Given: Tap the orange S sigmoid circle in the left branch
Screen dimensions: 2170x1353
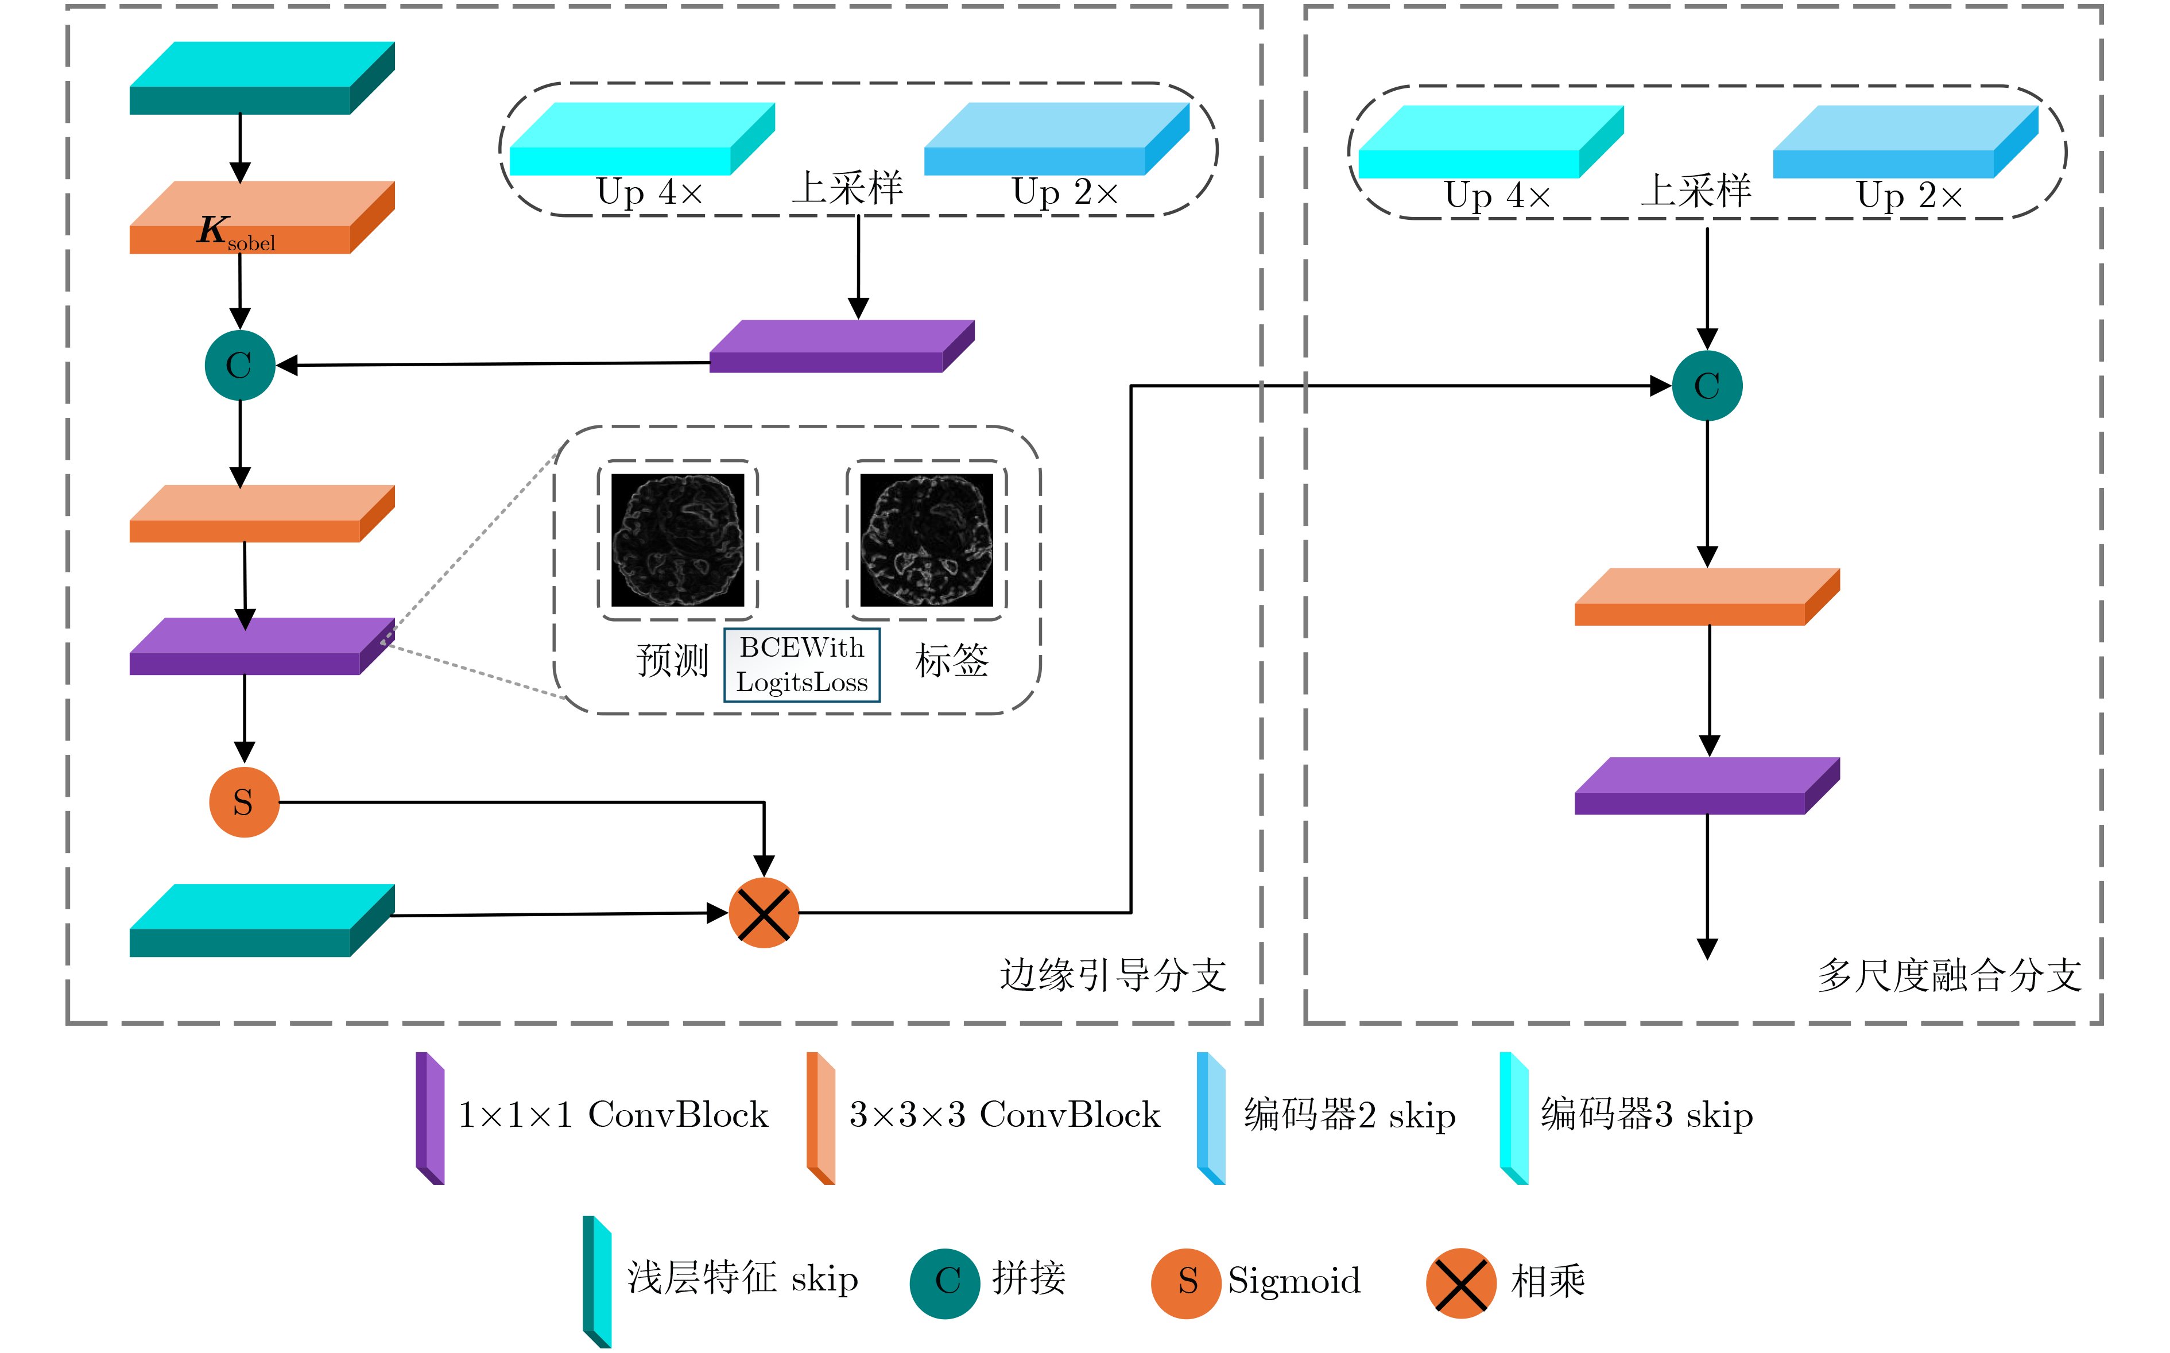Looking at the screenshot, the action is point(243,802).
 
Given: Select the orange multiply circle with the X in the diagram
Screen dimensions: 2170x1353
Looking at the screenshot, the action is point(764,913).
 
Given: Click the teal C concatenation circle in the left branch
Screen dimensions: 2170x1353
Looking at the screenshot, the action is point(239,365).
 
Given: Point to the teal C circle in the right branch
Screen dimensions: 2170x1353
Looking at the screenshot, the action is point(1707,386).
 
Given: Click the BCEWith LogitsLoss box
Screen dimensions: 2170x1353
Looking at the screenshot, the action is point(802,665).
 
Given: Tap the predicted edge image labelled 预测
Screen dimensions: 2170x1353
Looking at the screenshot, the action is point(677,540).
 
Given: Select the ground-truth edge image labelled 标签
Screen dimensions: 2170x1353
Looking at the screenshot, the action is point(926,540).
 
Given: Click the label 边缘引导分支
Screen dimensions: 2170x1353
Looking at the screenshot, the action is point(1113,975).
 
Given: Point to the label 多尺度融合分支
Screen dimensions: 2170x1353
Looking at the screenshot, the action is point(1948,975).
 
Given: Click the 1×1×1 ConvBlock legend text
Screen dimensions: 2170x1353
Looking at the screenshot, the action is point(613,1115).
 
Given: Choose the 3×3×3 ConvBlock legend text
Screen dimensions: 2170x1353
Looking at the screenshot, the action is point(1004,1115).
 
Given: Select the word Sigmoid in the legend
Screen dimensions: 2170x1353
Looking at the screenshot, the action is point(1294,1281).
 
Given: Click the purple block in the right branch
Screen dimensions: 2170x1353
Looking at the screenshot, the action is point(1707,786).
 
